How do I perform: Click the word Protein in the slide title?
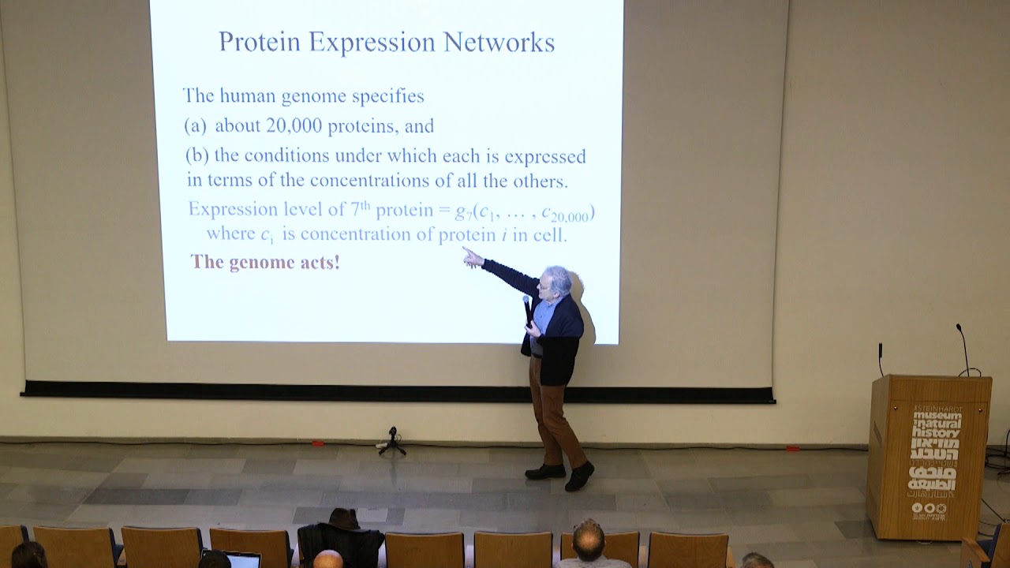click(260, 42)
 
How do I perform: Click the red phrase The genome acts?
click(265, 262)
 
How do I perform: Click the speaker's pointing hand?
click(472, 256)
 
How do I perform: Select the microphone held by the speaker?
click(528, 309)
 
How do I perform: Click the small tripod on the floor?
click(391, 441)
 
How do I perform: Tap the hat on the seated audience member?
click(343, 518)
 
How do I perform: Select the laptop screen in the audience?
click(241, 560)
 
